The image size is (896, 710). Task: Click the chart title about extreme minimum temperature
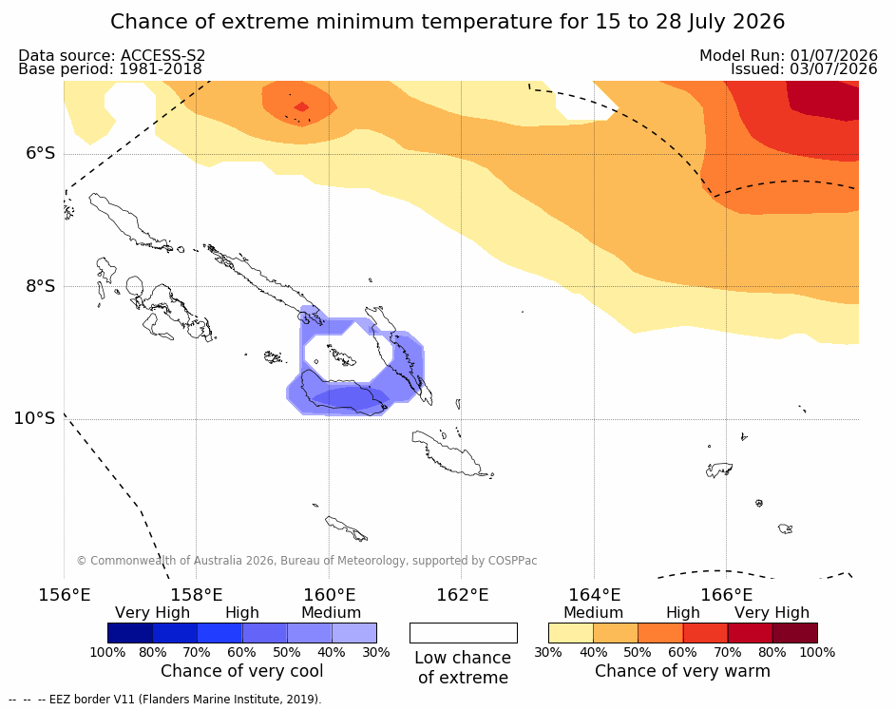[x=448, y=22]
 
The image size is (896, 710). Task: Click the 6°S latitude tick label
[x=41, y=154]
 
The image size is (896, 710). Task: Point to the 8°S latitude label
[x=41, y=286]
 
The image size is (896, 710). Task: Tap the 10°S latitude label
[x=35, y=418]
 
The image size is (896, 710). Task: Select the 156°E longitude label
[x=64, y=595]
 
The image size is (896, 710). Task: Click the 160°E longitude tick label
[x=329, y=595]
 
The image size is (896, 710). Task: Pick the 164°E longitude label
[x=594, y=595]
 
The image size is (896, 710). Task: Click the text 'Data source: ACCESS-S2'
[x=112, y=55]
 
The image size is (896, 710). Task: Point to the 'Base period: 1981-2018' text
[x=110, y=69]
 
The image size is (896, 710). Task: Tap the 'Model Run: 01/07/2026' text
[x=789, y=55]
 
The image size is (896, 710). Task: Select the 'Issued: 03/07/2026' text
[x=804, y=69]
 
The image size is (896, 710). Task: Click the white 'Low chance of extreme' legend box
[x=464, y=633]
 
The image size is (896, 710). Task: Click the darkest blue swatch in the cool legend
[x=130, y=633]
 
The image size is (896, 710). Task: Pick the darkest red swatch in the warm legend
[x=795, y=633]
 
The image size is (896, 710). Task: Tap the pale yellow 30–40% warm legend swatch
[x=571, y=633]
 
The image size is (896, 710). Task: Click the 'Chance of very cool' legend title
[x=241, y=671]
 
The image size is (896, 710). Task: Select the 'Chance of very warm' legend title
[x=683, y=671]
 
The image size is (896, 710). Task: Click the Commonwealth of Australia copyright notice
[x=307, y=561]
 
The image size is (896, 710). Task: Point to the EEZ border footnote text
[x=165, y=700]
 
